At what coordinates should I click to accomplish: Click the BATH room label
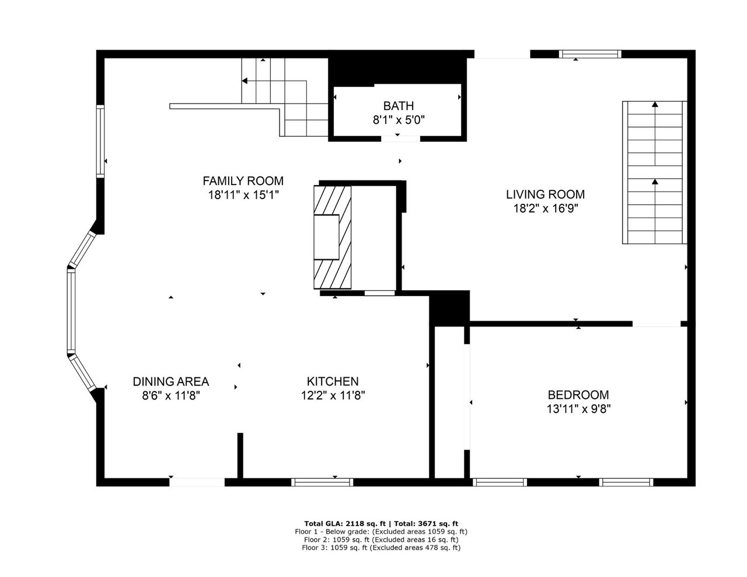click(x=398, y=106)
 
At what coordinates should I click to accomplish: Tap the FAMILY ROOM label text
click(x=243, y=180)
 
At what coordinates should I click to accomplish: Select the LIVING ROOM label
click(x=545, y=194)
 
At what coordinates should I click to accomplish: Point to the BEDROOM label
click(x=578, y=395)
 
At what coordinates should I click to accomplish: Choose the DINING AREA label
click(x=170, y=381)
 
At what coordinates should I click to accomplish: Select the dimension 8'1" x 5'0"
click(x=398, y=120)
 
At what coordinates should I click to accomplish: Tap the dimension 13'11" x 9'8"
click(x=578, y=409)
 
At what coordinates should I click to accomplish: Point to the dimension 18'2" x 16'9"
click(x=545, y=208)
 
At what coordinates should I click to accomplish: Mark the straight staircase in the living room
click(x=654, y=172)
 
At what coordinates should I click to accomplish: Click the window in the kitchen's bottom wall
click(x=322, y=482)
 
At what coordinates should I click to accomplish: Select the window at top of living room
click(x=589, y=54)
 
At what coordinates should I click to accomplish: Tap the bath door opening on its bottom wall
click(x=400, y=138)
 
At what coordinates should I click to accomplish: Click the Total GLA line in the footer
click(x=381, y=523)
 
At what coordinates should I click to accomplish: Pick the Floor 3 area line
click(x=381, y=548)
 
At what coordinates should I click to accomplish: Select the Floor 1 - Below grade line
click(x=381, y=531)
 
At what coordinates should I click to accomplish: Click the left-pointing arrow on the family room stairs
click(x=245, y=81)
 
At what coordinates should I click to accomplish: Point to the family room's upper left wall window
click(x=100, y=141)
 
